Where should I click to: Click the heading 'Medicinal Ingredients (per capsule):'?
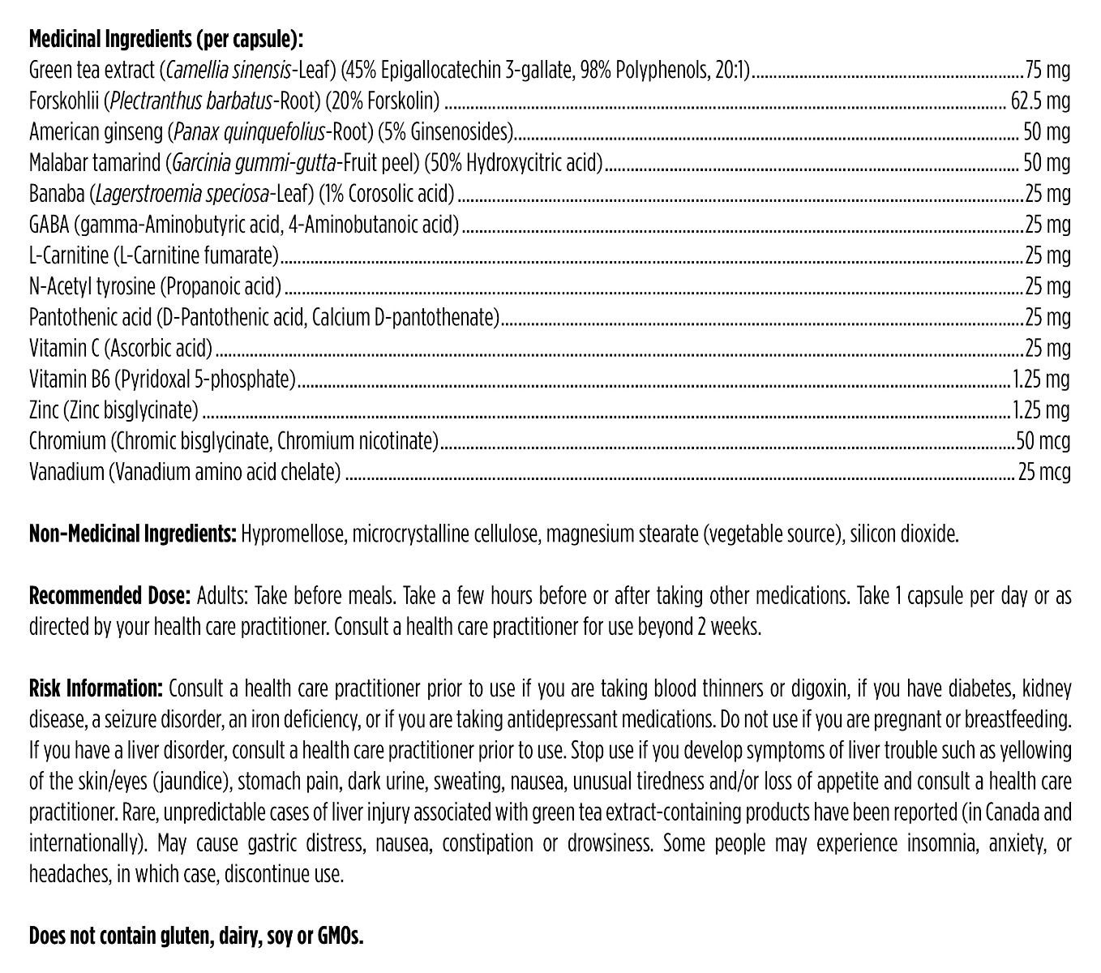point(166,40)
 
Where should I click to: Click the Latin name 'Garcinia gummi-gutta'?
point(251,163)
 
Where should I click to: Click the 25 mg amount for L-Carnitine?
point(1047,256)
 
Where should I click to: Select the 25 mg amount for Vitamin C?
point(1047,349)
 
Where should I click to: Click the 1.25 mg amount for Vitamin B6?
point(1042,380)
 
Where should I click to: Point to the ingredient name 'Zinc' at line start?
point(44,411)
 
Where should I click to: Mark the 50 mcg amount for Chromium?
point(1043,442)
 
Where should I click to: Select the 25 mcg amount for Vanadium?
point(1044,473)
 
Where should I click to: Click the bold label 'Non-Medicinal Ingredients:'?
point(133,535)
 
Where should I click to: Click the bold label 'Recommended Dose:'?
point(110,597)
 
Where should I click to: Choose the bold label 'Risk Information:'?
point(96,690)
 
